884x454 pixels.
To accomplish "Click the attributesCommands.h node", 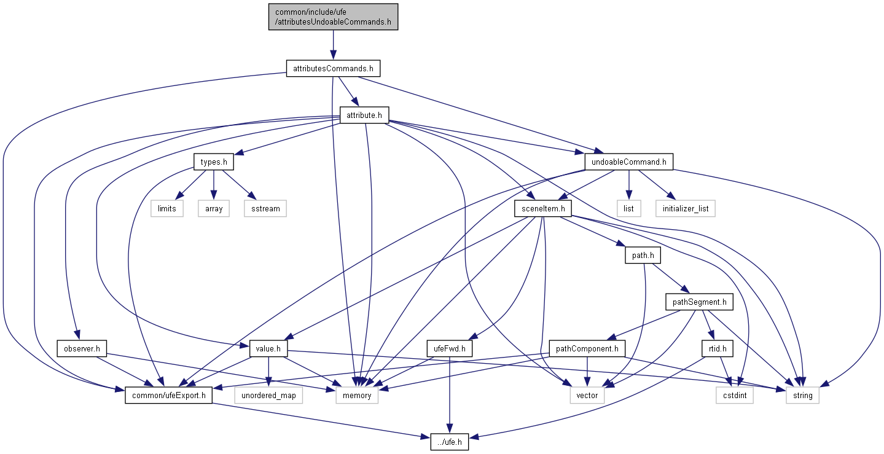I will [x=333, y=68].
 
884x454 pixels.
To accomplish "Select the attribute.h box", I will [x=364, y=115].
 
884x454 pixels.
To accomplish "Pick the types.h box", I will [x=214, y=163].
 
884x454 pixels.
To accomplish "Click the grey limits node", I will [x=166, y=208].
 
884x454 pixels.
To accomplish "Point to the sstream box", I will [x=265, y=208].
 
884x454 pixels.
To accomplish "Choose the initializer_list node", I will [x=685, y=208].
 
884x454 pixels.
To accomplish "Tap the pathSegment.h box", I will [x=699, y=302].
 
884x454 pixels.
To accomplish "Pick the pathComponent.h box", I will [x=587, y=349].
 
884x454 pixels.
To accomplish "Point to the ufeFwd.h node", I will [x=450, y=349].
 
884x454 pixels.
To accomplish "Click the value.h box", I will [x=268, y=349].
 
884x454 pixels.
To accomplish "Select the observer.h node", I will [x=82, y=349].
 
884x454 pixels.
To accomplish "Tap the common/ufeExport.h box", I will [x=168, y=395].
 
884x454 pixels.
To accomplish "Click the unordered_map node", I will [x=268, y=395].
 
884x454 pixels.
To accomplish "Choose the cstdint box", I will [x=735, y=395].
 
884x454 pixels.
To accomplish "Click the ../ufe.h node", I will [x=444, y=441].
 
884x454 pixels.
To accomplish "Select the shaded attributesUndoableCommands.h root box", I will [x=333, y=17].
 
